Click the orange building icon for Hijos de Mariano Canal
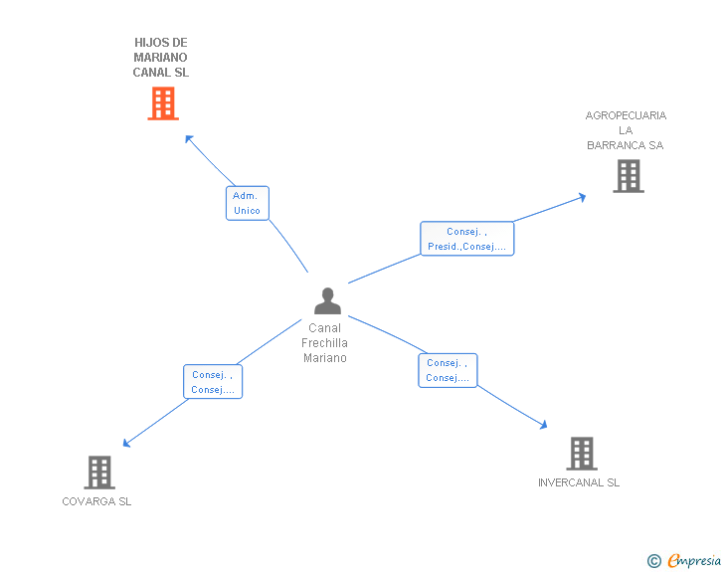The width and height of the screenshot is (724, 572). (x=163, y=103)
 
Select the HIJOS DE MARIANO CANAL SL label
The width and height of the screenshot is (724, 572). (x=161, y=58)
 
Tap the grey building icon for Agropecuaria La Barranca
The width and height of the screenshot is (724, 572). (x=628, y=176)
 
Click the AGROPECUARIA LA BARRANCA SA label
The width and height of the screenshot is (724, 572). (x=626, y=130)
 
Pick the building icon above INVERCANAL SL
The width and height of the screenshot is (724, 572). (x=582, y=454)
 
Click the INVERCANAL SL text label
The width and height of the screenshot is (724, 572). (x=579, y=482)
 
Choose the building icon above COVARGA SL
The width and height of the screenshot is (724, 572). (x=99, y=472)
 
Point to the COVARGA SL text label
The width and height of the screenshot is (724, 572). (x=96, y=501)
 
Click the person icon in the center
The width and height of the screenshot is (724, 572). (x=326, y=300)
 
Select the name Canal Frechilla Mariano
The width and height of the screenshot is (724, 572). (x=325, y=342)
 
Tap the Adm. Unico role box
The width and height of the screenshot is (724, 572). (x=247, y=203)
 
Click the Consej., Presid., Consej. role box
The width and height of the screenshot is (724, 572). (x=466, y=239)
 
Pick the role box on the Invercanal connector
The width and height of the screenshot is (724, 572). (x=447, y=370)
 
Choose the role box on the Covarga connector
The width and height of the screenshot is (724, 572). (x=212, y=381)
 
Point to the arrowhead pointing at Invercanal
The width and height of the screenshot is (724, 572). (x=543, y=425)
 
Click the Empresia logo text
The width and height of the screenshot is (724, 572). (x=693, y=561)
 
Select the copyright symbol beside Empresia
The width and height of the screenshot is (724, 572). (x=653, y=561)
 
